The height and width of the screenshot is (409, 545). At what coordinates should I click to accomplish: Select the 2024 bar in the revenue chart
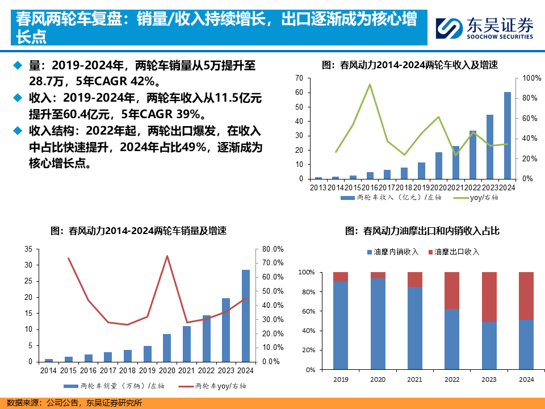click(x=508, y=135)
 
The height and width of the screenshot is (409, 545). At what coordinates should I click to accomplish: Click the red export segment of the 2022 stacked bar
click(x=452, y=290)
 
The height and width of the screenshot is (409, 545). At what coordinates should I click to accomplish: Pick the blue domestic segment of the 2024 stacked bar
click(x=526, y=345)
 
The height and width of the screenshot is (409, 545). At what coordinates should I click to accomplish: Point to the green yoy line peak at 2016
click(x=370, y=85)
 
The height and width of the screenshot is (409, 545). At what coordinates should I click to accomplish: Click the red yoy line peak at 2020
click(x=167, y=256)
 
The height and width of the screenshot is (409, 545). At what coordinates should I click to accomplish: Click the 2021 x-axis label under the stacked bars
click(x=415, y=379)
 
